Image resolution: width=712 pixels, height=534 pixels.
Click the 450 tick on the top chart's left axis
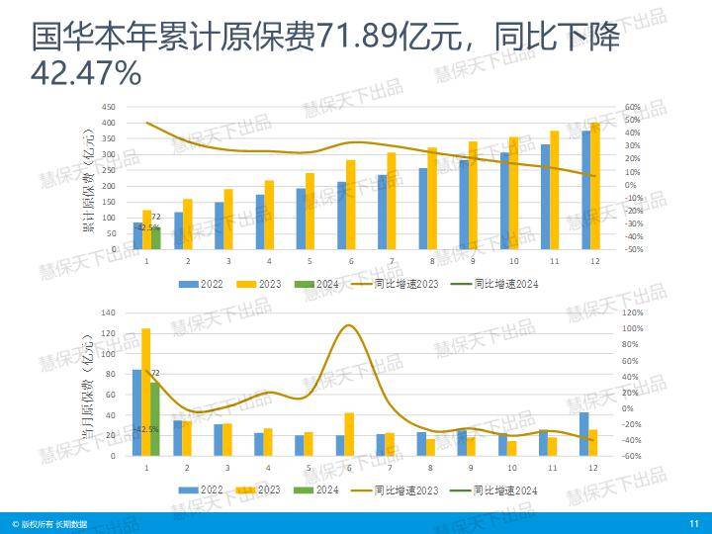pos(108,107)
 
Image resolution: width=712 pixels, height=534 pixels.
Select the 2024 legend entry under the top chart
pos(321,284)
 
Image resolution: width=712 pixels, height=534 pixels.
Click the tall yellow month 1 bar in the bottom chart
pos(146,392)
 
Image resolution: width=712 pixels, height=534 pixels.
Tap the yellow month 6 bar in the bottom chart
pos(349,434)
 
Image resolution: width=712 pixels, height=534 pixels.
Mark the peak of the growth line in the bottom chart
pos(349,325)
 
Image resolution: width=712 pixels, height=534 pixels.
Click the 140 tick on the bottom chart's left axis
pos(108,312)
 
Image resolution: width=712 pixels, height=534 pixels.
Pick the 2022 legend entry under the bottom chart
pos(204,489)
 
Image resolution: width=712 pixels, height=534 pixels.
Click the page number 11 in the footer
pos(693,523)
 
